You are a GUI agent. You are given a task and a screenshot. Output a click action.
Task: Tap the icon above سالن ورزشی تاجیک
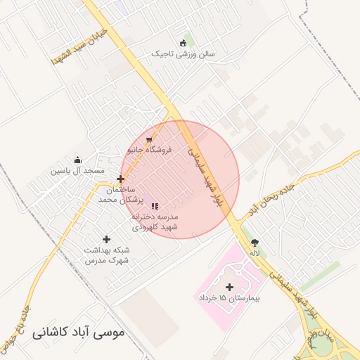(x=184, y=42)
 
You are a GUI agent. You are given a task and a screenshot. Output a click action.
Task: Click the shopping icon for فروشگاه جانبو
(x=148, y=139)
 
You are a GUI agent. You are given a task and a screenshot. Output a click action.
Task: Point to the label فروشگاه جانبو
(x=149, y=150)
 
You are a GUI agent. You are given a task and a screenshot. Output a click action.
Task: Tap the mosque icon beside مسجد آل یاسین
(x=77, y=160)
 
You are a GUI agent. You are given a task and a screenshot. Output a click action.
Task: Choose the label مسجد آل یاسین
(x=77, y=170)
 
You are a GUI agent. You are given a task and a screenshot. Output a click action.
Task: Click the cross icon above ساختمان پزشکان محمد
(x=121, y=179)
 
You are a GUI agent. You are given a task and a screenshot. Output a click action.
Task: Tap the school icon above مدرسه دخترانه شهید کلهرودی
(x=155, y=206)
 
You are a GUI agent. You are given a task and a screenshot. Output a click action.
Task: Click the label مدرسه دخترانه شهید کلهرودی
(x=155, y=222)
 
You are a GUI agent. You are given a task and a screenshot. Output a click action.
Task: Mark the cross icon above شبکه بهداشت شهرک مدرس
(x=106, y=240)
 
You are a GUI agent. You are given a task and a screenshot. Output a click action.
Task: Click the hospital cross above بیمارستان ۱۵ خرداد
(x=229, y=287)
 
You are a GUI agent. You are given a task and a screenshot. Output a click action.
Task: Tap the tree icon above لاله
(x=254, y=241)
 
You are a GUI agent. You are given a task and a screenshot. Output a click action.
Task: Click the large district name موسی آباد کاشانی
(x=77, y=330)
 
